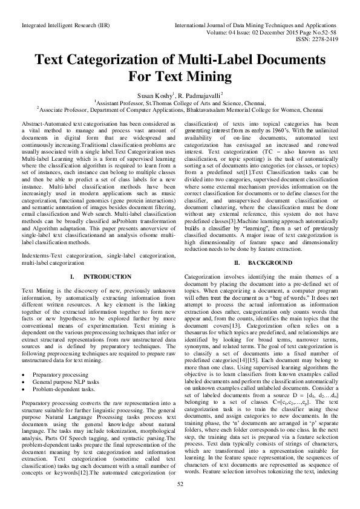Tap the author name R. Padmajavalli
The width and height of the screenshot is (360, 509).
tap(201, 95)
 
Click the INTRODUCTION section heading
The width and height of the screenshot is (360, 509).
tap(106, 277)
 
